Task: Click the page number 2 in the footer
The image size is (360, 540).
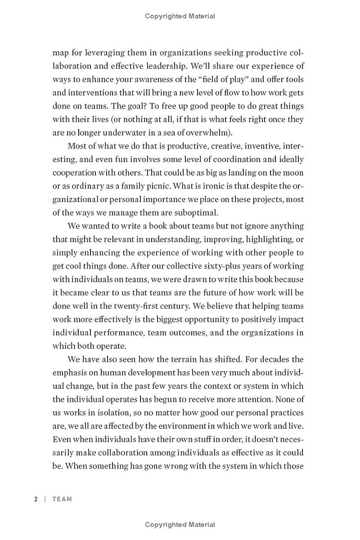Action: (x=36, y=499)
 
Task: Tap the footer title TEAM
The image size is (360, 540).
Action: (x=62, y=499)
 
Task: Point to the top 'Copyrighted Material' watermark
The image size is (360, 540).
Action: (x=180, y=16)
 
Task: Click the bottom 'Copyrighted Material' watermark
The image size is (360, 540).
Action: (x=180, y=525)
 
